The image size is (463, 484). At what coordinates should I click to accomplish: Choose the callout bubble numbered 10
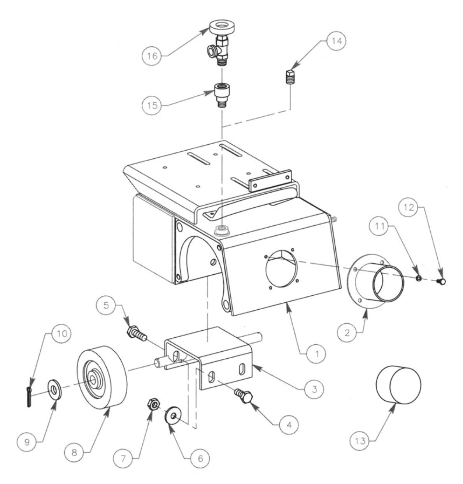(x=62, y=333)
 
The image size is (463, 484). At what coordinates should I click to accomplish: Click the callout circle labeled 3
(x=314, y=388)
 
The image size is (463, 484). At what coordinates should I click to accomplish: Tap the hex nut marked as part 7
(x=153, y=405)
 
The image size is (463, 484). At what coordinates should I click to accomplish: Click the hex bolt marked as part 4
(x=244, y=396)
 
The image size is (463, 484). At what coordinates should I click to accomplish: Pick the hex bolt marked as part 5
(x=136, y=334)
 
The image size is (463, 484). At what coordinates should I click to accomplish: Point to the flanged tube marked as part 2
(x=377, y=283)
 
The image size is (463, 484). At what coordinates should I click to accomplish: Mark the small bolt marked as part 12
(x=441, y=280)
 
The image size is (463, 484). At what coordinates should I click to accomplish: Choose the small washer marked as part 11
(x=418, y=278)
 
